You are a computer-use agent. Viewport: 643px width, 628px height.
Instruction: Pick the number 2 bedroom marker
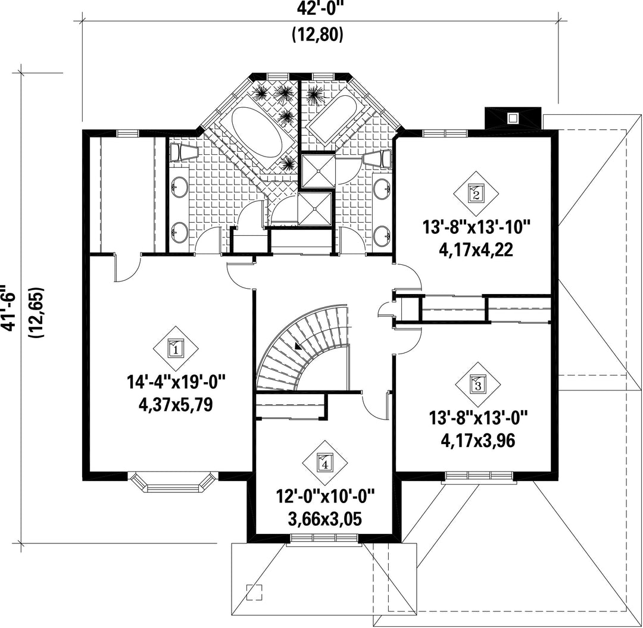pos(476,193)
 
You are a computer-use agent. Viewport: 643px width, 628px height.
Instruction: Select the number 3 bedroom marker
pos(478,385)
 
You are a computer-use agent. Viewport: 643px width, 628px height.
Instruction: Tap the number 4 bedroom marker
pos(325,463)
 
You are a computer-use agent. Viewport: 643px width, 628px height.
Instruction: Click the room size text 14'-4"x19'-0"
pos(176,383)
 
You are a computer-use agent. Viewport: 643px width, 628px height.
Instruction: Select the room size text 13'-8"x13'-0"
pos(478,418)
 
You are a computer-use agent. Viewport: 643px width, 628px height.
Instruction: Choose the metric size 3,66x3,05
pos(325,520)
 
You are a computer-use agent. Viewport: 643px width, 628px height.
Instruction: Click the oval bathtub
pos(257,132)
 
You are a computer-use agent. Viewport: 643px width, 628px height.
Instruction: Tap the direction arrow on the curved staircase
pos(298,346)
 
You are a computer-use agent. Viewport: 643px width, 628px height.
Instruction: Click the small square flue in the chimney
pos(512,118)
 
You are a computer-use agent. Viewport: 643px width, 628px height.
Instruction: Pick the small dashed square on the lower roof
pos(254,592)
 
